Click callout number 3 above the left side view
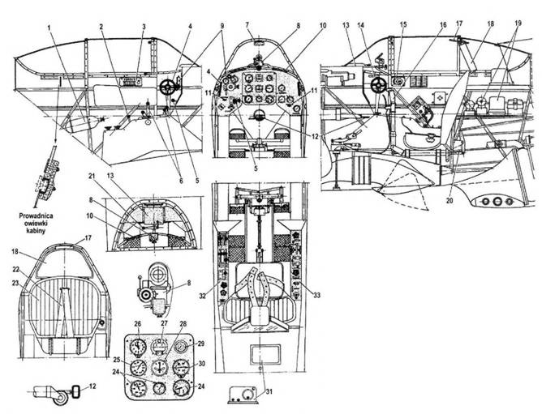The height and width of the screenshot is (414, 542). pyautogui.click(x=144, y=28)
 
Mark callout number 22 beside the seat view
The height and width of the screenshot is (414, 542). pyautogui.click(x=17, y=268)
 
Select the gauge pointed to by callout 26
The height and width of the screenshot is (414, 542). pyautogui.click(x=139, y=346)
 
